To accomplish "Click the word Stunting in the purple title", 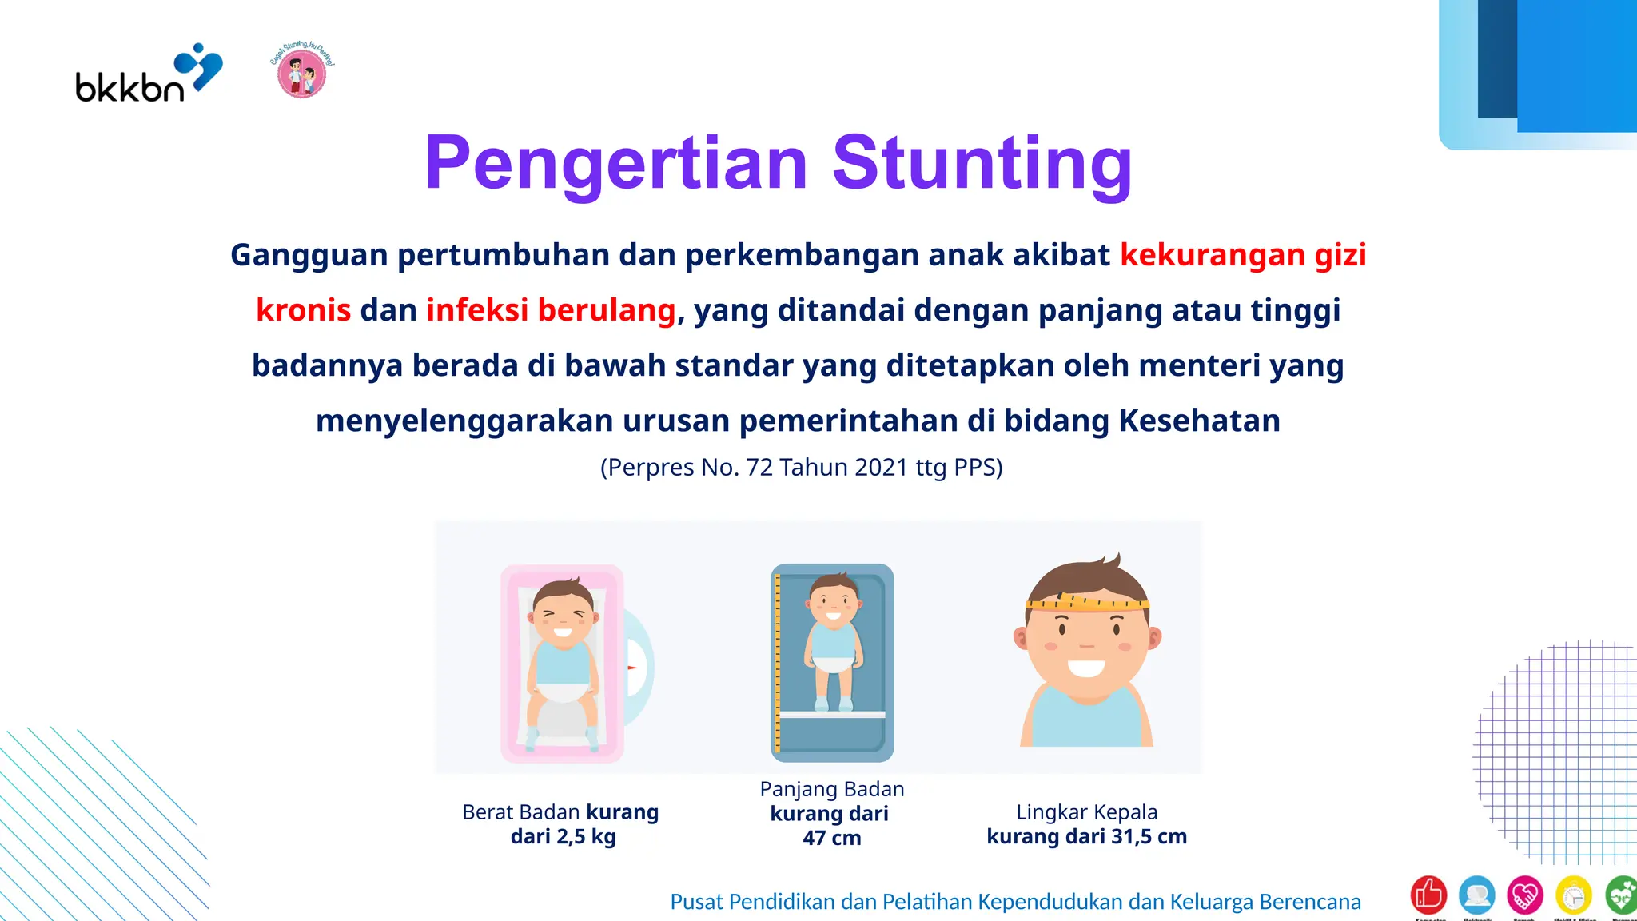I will coord(982,163).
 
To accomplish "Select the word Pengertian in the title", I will coord(616,163).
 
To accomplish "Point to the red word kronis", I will coord(303,310).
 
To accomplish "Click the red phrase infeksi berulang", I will coord(551,310).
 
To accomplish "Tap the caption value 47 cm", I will coord(832,839).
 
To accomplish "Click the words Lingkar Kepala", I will coord(1086,812).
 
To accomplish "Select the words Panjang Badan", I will coord(832,789).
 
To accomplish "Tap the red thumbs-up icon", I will coord(1428,895).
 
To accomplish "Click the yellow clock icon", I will coord(1573,895).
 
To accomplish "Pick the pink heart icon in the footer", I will coord(1524,895).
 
